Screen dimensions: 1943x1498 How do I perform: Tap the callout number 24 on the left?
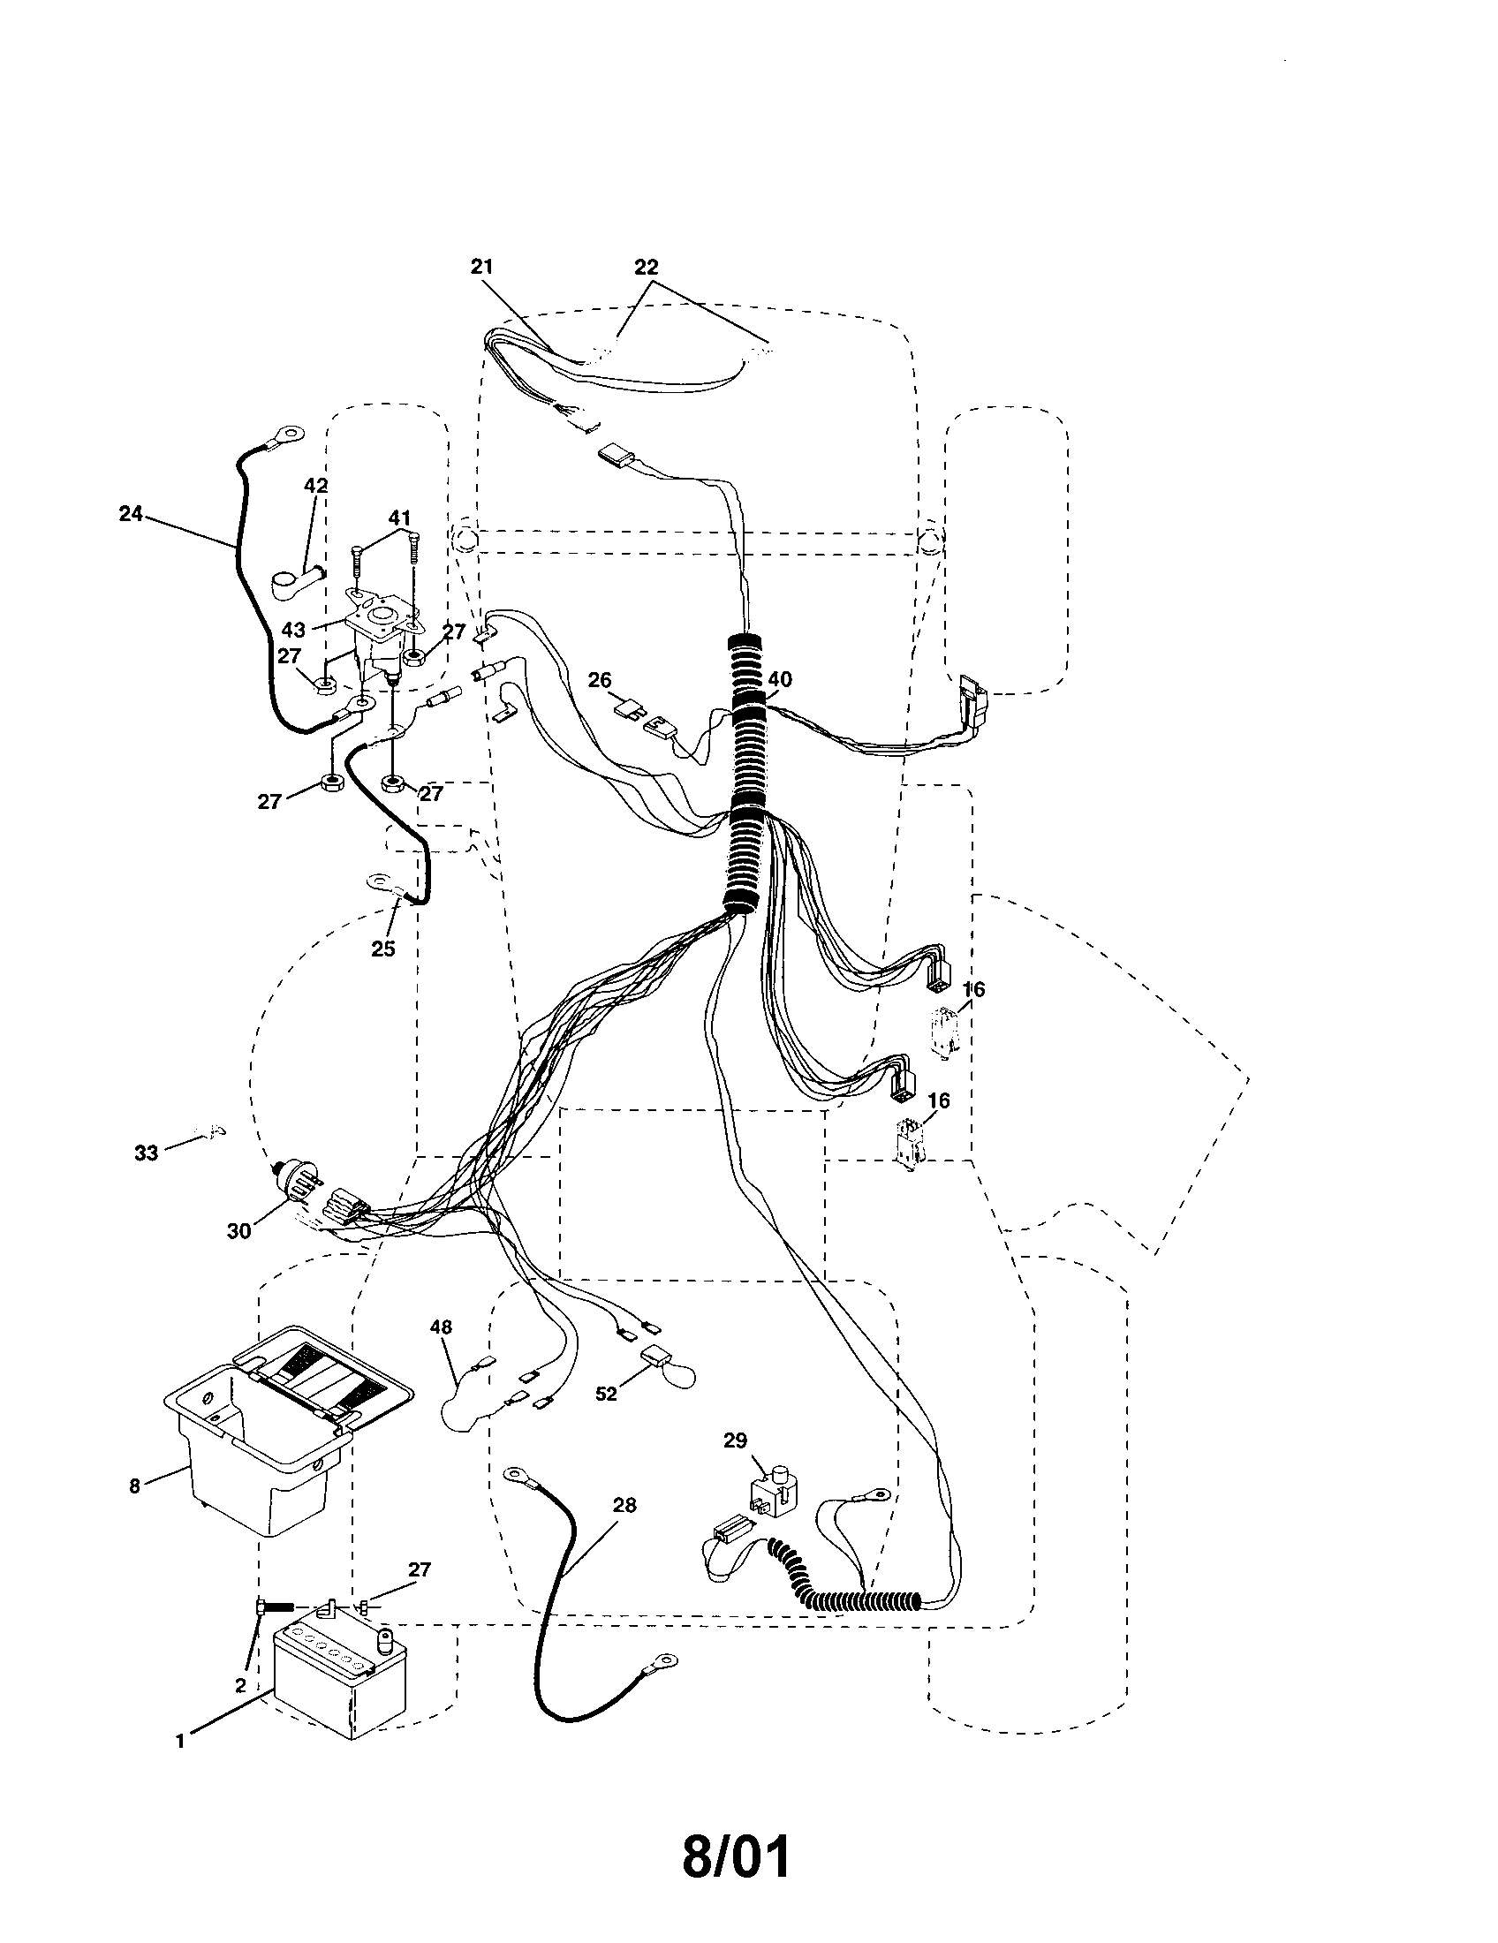click(131, 513)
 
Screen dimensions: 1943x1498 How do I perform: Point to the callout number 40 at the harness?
click(779, 680)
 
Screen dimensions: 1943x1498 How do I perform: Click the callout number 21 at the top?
click(482, 266)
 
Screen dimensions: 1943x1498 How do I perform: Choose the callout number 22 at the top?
click(647, 266)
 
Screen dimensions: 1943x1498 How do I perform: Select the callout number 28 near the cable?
click(625, 1505)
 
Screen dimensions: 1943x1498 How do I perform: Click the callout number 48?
click(442, 1352)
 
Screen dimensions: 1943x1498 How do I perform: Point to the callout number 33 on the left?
click(146, 1153)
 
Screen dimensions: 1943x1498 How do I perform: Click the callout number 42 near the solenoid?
click(316, 486)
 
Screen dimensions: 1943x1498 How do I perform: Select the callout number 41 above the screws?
click(399, 518)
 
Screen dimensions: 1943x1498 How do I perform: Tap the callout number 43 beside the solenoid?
click(293, 630)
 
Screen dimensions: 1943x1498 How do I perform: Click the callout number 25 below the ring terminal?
click(382, 949)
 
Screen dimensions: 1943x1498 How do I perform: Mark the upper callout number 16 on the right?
click(974, 989)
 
